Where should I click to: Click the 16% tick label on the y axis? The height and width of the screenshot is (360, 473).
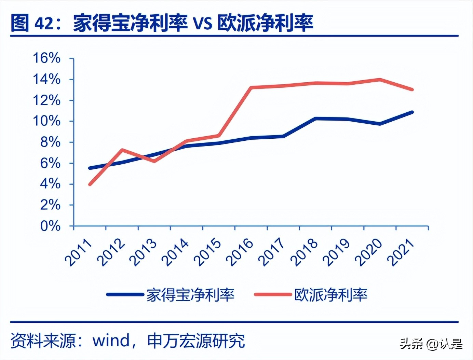pos(47,58)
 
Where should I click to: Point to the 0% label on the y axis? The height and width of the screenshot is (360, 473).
pos(50,226)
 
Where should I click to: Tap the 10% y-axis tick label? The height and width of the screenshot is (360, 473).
pos(47,121)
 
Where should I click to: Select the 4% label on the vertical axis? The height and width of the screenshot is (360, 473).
pos(50,184)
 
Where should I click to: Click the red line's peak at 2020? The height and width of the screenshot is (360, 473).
pos(380,80)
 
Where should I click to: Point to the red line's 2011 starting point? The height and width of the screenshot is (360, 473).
pos(90,184)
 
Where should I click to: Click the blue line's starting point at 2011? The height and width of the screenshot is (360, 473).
pos(90,168)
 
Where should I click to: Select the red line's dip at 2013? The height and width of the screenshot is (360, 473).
pos(154,161)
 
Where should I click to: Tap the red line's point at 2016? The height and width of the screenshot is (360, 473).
pos(251,87)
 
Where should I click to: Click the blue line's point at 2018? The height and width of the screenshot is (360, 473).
pos(315,119)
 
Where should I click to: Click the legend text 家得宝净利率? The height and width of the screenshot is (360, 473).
pos(190,295)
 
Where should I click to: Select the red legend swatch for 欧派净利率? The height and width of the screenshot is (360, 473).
pos(273,294)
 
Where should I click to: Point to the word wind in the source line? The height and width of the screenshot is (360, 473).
pos(111,340)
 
